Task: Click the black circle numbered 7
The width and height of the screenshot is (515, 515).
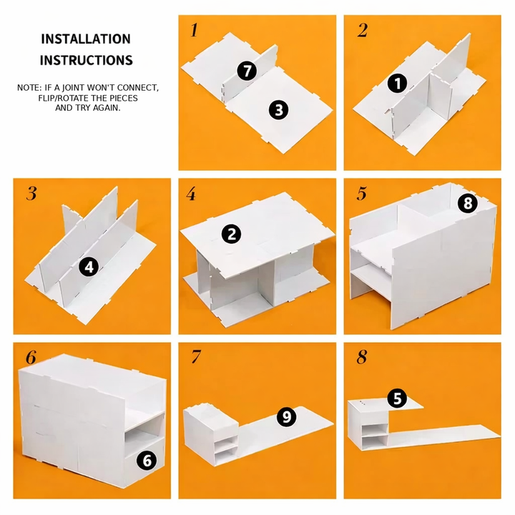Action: (x=247, y=71)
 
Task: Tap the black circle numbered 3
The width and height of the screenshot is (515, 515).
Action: (x=278, y=109)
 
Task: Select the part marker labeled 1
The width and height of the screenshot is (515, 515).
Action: (x=397, y=84)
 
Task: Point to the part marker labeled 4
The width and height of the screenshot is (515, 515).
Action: (x=89, y=267)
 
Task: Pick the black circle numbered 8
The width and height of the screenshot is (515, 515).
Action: (x=468, y=204)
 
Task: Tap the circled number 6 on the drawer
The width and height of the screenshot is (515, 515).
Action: (x=146, y=461)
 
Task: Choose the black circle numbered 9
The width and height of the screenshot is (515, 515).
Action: (x=286, y=417)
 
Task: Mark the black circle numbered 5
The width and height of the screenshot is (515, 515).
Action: (x=397, y=398)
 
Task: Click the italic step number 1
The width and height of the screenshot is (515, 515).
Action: (x=194, y=30)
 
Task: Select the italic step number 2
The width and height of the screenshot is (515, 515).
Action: (x=363, y=30)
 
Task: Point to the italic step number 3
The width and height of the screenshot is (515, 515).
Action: (x=31, y=193)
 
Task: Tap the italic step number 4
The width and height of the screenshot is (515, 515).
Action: (x=191, y=194)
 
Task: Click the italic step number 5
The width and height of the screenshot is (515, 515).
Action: (x=362, y=194)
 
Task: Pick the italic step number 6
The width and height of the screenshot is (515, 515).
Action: (x=30, y=358)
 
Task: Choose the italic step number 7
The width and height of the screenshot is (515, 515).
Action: (x=194, y=358)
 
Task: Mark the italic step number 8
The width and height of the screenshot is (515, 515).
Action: (x=362, y=358)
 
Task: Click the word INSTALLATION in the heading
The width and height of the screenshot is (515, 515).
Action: (x=86, y=39)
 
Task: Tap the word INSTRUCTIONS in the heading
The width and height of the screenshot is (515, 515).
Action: (x=86, y=61)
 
